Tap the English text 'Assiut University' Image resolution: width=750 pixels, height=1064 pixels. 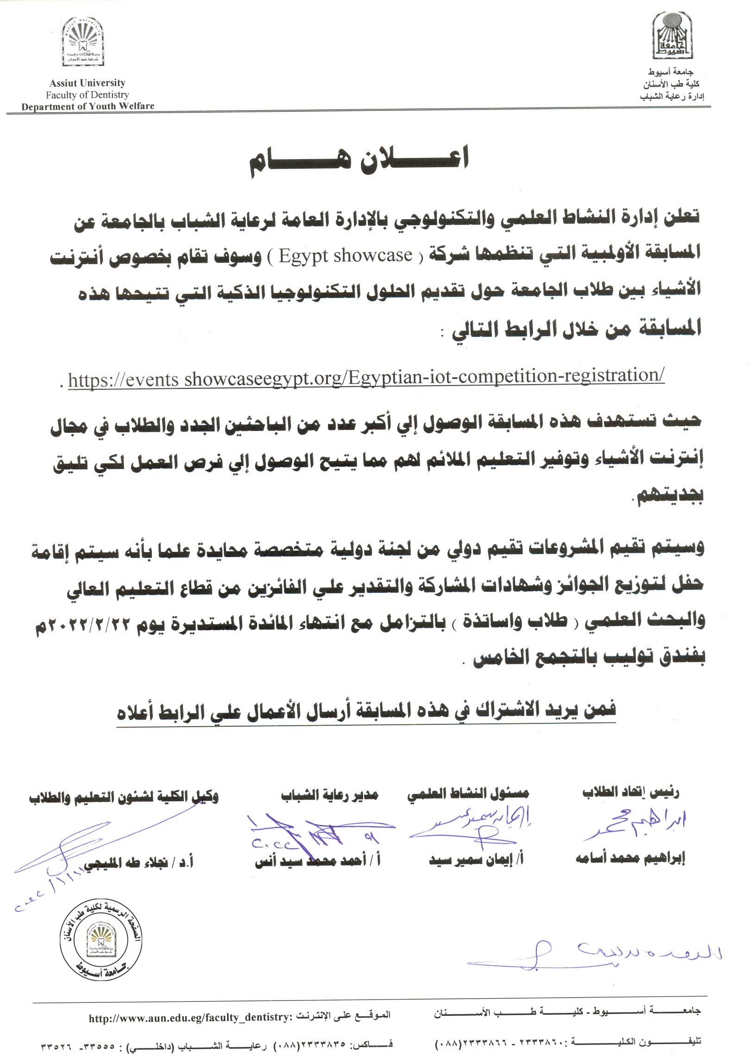coord(88,83)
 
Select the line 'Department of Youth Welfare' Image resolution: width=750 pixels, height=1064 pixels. coord(88,106)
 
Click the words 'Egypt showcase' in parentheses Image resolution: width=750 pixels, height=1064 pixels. coord(346,255)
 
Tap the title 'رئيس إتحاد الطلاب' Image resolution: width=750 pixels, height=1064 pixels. coord(630,793)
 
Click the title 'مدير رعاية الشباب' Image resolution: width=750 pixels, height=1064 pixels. coord(329,795)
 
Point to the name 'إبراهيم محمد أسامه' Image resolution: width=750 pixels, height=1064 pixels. coord(630,859)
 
